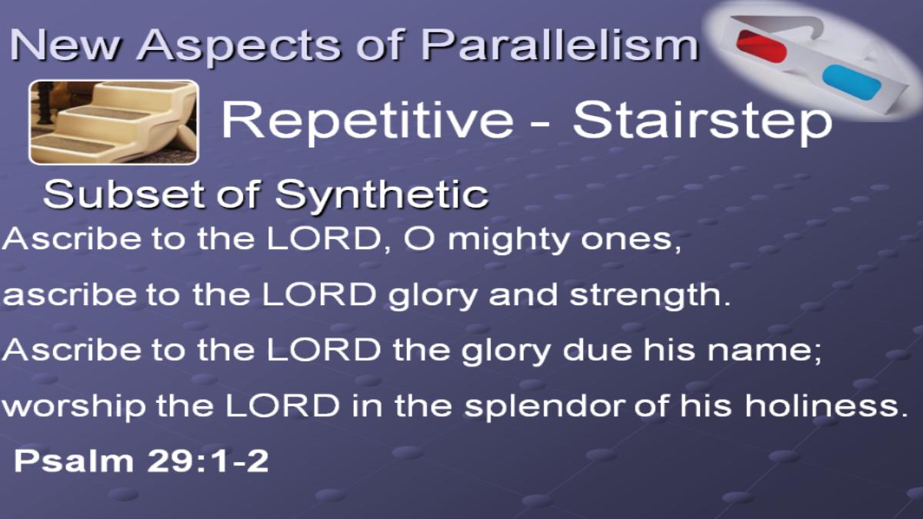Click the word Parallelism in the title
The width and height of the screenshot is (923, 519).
[560, 45]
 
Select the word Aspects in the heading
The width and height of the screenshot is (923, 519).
[239, 47]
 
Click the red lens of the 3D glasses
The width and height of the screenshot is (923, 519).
[761, 45]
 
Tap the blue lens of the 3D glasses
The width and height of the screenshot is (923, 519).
[851, 82]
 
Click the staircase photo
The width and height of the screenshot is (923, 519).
[114, 122]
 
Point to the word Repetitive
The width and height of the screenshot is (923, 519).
[368, 121]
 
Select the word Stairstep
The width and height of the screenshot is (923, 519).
[702, 121]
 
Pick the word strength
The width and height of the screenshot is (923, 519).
[650, 296]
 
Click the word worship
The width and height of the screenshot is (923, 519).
[74, 408]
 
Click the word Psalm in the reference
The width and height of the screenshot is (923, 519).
[74, 460]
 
